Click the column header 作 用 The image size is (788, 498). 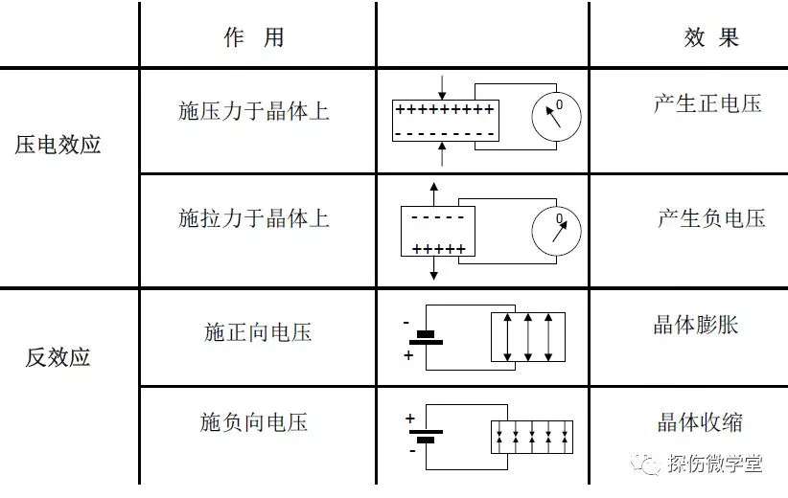[x=254, y=37]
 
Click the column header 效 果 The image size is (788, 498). [x=711, y=37]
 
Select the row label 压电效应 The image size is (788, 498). [x=58, y=145]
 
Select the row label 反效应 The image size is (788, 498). [x=58, y=357]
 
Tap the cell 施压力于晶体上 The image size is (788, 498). [x=254, y=111]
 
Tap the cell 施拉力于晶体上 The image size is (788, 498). [x=254, y=218]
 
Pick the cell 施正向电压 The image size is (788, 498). [x=258, y=332]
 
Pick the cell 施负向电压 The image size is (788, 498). [x=254, y=422]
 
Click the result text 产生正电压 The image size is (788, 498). [x=707, y=103]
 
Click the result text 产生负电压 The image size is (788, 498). [x=711, y=218]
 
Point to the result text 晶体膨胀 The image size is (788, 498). [x=696, y=325]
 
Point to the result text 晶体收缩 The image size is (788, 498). [x=700, y=422]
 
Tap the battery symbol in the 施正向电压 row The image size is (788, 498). [x=427, y=338]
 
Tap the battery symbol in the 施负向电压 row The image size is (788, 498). [x=427, y=436]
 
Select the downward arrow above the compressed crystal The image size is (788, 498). [x=442, y=87]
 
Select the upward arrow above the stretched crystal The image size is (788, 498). [x=433, y=194]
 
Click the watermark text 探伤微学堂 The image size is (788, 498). [x=715, y=463]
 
